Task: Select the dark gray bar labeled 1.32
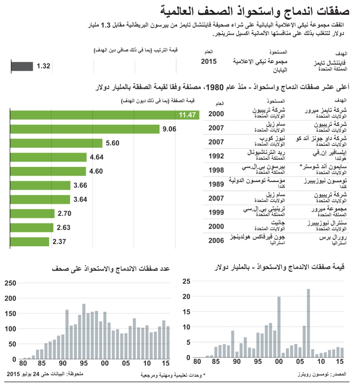22,66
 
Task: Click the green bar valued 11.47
105,115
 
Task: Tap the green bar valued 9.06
85,129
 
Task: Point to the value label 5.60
112,143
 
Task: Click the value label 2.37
59,242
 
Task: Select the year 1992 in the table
216,156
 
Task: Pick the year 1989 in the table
216,184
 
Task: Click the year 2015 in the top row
209,62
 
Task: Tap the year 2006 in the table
216,240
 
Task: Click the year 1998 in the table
216,170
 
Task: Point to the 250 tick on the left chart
10,283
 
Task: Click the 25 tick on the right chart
187,281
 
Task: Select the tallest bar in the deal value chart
308,323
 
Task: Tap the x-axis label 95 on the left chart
83,364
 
